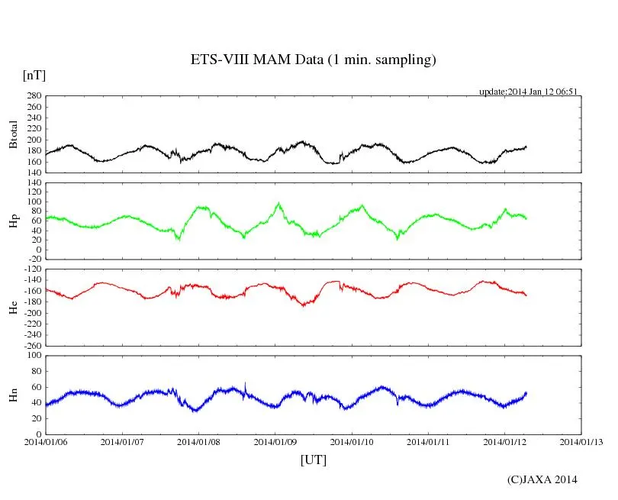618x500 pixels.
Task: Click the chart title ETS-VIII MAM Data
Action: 313,60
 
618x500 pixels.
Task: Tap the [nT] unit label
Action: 34,76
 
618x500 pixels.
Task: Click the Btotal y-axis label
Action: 13,134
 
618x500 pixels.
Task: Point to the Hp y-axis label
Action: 13,221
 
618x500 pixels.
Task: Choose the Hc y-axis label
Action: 13,308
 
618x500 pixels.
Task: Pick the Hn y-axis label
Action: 13,395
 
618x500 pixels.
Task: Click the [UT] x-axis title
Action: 314,460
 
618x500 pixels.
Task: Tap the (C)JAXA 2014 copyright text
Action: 542,479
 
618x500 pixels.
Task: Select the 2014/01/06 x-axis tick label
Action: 45,442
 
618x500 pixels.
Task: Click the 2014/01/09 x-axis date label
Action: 275,442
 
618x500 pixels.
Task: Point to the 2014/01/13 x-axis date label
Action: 581,442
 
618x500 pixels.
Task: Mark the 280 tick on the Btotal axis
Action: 33,96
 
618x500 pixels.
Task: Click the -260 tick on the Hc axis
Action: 31,345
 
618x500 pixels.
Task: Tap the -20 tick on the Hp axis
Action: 33,260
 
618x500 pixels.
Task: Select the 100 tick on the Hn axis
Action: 33,355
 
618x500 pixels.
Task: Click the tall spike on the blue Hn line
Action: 245,384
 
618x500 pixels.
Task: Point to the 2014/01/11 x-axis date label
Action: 429,442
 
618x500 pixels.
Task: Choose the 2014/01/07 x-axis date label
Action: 122,442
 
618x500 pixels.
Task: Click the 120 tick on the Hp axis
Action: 33,183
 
